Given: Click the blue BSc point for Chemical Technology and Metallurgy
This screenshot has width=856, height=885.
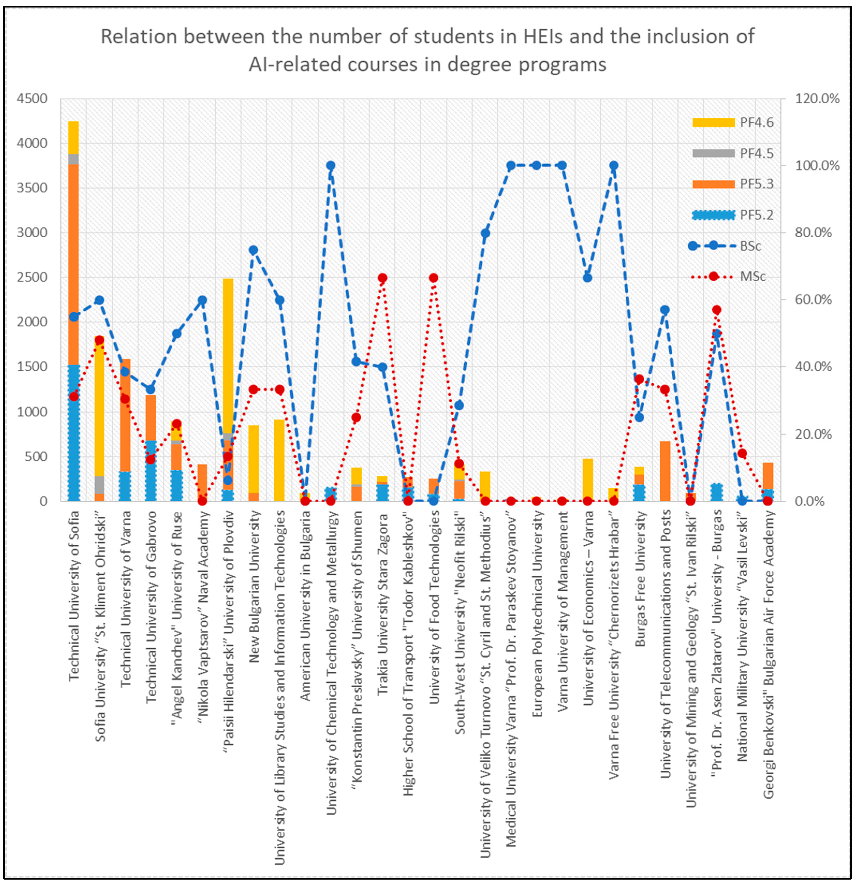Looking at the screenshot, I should [x=330, y=165].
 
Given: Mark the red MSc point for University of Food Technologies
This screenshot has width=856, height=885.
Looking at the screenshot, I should [x=433, y=278].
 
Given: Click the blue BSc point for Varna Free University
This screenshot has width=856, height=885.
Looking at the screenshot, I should [x=614, y=165].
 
